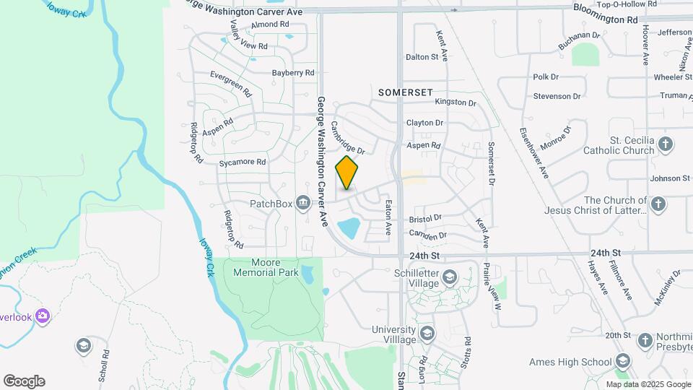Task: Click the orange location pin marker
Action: [347, 173]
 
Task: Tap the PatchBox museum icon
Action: [303, 203]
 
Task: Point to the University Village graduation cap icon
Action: [427, 334]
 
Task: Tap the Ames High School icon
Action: [623, 362]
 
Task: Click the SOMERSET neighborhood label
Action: [406, 92]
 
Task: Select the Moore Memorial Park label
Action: [265, 267]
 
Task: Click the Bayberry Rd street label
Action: [293, 73]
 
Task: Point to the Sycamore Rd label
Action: [243, 162]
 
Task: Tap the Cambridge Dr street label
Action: [348, 136]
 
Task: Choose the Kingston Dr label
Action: [456, 103]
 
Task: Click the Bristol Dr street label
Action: [425, 218]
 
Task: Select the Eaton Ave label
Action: [388, 217]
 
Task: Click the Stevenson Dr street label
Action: [557, 96]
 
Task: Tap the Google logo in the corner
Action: [24, 381]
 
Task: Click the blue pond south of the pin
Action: [349, 228]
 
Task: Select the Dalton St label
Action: [422, 56]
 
